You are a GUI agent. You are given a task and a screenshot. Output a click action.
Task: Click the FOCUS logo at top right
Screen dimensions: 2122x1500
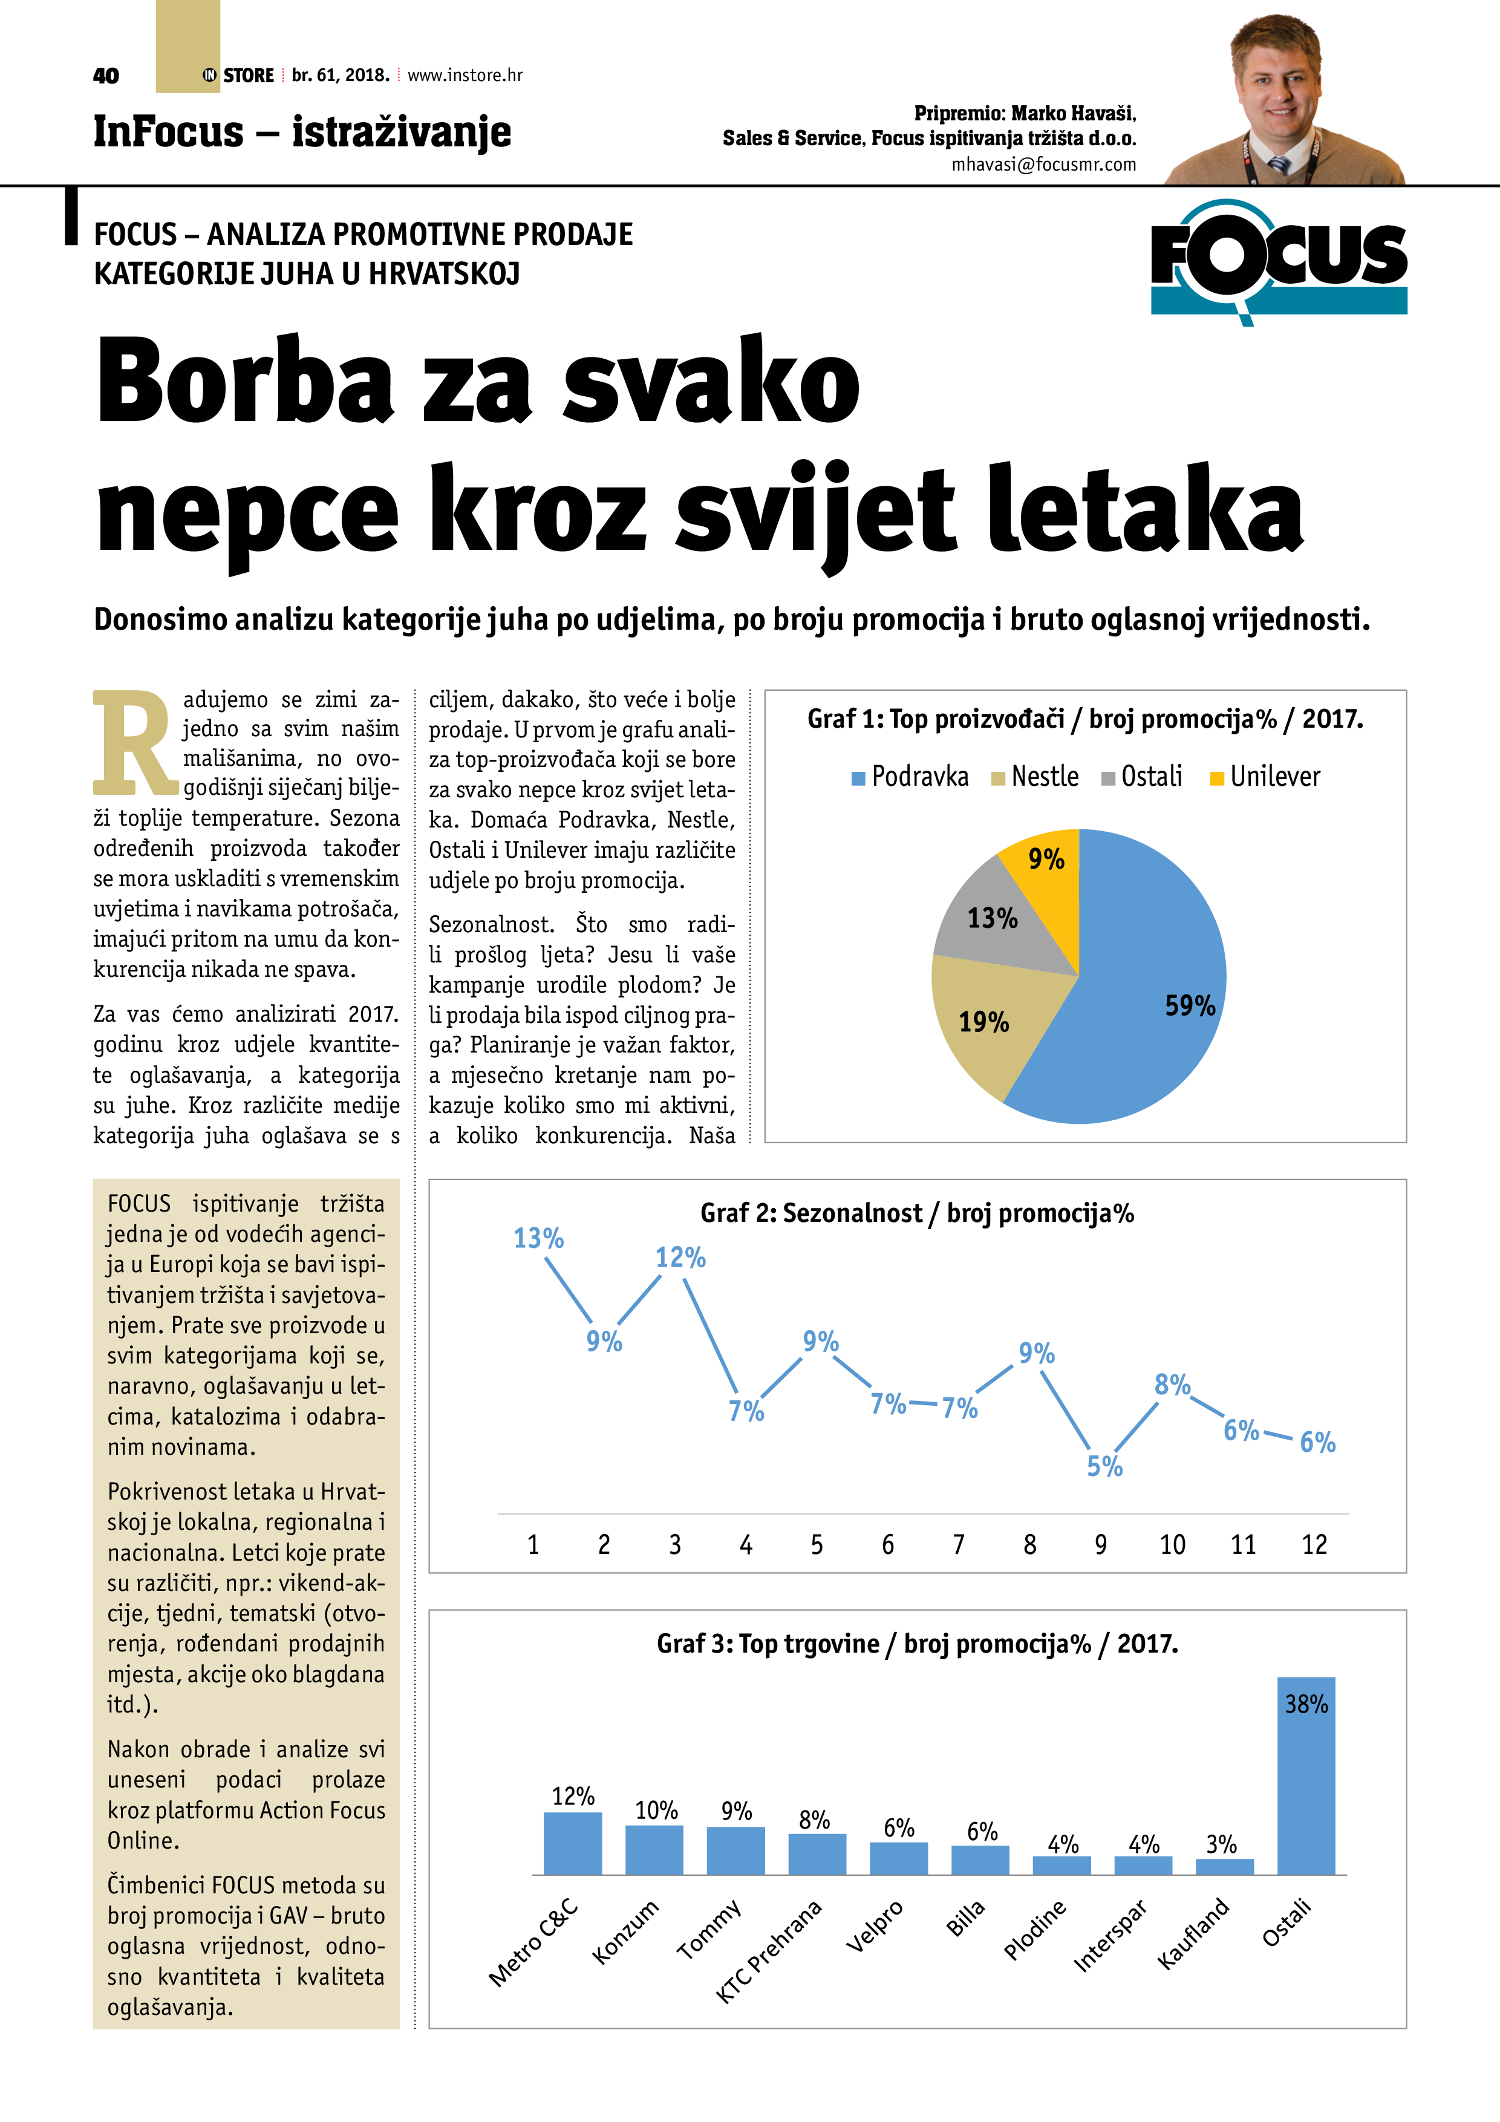(x=1278, y=261)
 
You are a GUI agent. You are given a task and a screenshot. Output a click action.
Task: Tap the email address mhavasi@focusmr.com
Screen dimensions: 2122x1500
(x=1043, y=165)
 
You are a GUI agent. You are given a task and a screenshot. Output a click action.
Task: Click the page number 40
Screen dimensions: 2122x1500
(x=106, y=76)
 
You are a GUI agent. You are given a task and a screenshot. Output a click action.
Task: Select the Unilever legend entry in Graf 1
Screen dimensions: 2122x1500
(x=1264, y=776)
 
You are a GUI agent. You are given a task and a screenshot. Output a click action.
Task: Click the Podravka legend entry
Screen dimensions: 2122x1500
(x=910, y=776)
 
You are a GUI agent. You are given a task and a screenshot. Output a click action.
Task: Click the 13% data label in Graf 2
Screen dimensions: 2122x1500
(x=539, y=1238)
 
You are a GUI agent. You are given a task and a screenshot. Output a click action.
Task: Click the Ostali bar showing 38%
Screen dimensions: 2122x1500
(x=1306, y=1775)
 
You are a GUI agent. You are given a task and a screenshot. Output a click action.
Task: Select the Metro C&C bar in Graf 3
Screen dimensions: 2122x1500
(x=572, y=1843)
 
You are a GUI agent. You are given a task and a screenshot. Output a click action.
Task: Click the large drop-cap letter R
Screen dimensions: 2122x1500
(x=135, y=743)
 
